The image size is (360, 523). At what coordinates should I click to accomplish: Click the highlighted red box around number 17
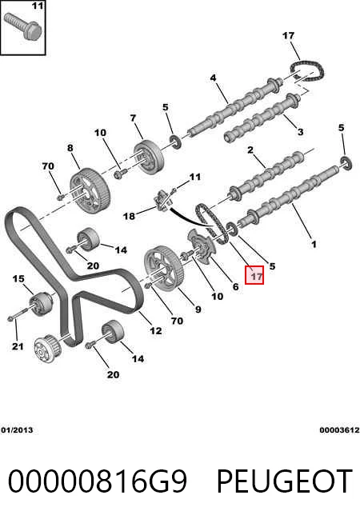(x=254, y=275)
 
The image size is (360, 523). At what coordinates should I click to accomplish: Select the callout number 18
(x=129, y=216)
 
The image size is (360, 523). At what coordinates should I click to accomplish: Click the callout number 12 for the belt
(x=156, y=330)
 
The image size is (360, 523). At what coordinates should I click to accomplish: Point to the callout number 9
(x=198, y=309)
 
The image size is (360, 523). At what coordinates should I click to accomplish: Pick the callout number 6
(x=235, y=286)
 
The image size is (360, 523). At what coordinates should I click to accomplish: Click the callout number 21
(x=18, y=346)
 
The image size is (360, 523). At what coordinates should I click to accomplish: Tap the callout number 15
(x=18, y=278)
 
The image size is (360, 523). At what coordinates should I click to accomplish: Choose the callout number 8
(x=70, y=148)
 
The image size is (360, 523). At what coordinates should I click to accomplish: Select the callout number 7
(x=133, y=118)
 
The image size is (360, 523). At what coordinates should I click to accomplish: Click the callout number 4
(x=213, y=78)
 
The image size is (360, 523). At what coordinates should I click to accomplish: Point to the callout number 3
(x=300, y=132)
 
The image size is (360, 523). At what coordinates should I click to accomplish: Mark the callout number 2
(x=250, y=150)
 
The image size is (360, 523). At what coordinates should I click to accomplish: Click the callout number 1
(x=314, y=244)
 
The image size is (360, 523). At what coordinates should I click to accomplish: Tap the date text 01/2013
(x=17, y=430)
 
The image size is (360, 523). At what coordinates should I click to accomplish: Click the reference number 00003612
(x=339, y=430)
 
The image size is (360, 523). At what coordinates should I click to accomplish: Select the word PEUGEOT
(x=285, y=481)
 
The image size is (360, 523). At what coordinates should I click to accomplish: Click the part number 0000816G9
(x=98, y=481)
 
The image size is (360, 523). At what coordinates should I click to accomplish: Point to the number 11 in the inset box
(x=38, y=6)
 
